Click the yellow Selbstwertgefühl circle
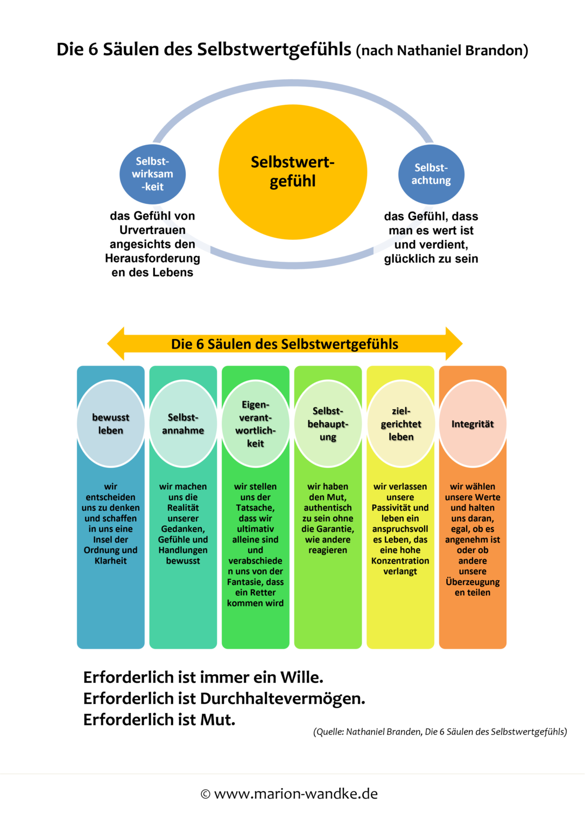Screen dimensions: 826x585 tap(293, 172)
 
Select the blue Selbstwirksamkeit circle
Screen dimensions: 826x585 tap(152, 174)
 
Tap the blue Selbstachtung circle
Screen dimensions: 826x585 tap(431, 174)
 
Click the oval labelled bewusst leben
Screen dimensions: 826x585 tap(111, 424)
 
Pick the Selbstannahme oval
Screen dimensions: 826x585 tap(183, 424)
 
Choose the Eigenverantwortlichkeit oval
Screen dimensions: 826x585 tap(256, 424)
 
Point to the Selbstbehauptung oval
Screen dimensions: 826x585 tap(328, 424)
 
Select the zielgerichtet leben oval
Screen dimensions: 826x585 tap(401, 424)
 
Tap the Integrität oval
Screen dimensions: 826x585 tap(473, 424)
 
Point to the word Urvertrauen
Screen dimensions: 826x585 tap(152, 230)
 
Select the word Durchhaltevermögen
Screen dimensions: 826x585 tap(283, 699)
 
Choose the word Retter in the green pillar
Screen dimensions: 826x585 tap(263, 593)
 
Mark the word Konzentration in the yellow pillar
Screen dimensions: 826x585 tap(400, 561)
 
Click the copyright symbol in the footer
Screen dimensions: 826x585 tap(205, 794)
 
